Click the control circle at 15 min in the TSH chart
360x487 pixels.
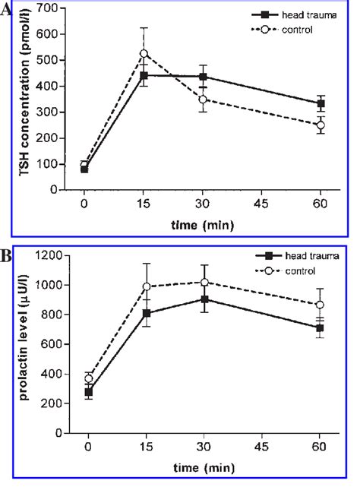click(x=143, y=54)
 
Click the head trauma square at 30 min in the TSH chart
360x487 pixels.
click(x=202, y=77)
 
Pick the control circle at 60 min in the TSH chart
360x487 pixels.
click(x=321, y=125)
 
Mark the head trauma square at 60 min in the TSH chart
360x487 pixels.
click(x=321, y=104)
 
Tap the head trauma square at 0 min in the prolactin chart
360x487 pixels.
click(x=88, y=392)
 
